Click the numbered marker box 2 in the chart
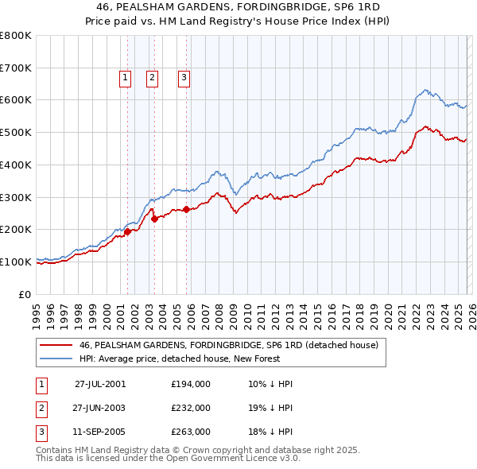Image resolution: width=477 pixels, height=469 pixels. click(x=152, y=77)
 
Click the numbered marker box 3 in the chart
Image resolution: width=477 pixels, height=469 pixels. click(x=184, y=77)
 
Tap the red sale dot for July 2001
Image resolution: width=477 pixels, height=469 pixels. click(x=127, y=231)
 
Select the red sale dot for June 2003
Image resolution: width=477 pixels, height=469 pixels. click(x=154, y=219)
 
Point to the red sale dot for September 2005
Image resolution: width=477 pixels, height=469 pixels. click(x=186, y=209)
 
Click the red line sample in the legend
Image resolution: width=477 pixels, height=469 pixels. click(x=56, y=345)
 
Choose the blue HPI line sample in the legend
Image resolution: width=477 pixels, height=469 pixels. click(x=56, y=358)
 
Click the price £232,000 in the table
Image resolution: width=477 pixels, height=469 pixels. click(x=191, y=408)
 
